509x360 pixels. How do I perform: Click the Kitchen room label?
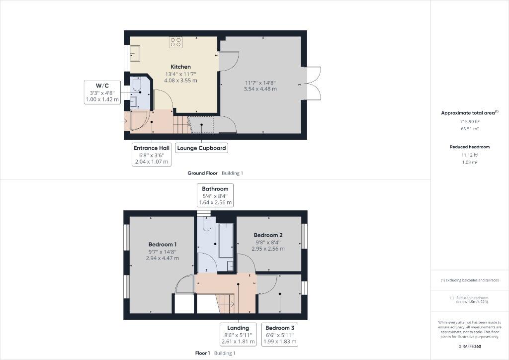tap(181, 67)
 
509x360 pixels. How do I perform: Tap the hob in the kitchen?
tap(175, 42)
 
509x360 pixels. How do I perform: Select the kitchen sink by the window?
tap(135, 53)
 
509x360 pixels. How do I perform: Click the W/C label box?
tap(102, 92)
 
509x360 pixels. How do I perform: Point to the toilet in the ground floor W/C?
tap(137, 85)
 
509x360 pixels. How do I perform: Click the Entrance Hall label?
tap(152, 148)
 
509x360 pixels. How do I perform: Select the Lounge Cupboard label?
tap(201, 148)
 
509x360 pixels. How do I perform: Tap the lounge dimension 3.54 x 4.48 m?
tap(260, 89)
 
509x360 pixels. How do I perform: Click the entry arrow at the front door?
tap(124, 121)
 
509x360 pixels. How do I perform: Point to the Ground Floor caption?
tap(203, 173)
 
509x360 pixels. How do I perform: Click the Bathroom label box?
tap(215, 195)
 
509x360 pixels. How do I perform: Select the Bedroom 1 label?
tap(163, 245)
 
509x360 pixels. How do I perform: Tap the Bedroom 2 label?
tap(268, 235)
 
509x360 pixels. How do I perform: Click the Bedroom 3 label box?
tap(280, 334)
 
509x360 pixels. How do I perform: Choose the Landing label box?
tap(238, 334)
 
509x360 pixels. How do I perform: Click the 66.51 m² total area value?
tap(469, 129)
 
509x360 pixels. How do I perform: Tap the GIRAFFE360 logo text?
tap(470, 347)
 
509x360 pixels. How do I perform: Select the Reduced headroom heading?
tap(470, 147)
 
